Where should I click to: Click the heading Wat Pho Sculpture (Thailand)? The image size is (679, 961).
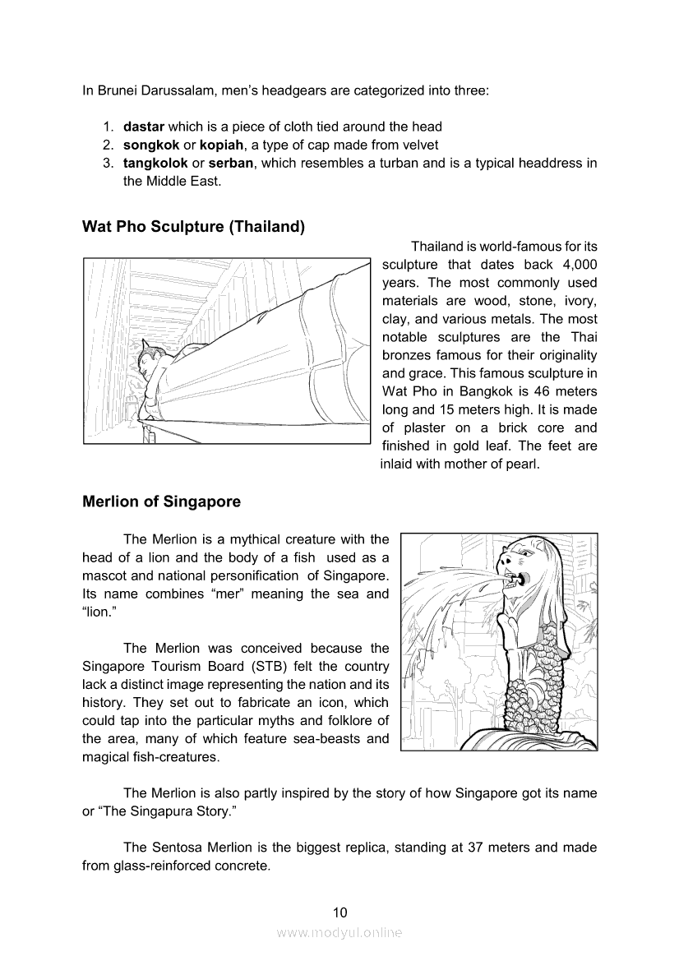tap(193, 227)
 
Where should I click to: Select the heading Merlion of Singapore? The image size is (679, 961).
tap(161, 501)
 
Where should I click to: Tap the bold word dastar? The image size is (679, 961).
tap(144, 127)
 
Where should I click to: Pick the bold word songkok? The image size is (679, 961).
tap(151, 145)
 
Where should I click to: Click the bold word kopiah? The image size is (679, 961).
tap(224, 145)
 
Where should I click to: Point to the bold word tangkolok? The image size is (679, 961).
tap(155, 163)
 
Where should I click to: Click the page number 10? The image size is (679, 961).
tap(340, 912)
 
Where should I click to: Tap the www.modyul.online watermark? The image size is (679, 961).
tap(339, 932)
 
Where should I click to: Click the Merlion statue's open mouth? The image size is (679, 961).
tap(516, 579)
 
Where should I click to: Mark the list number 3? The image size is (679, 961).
tap(108, 163)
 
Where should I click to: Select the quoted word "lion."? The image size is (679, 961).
tap(99, 612)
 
